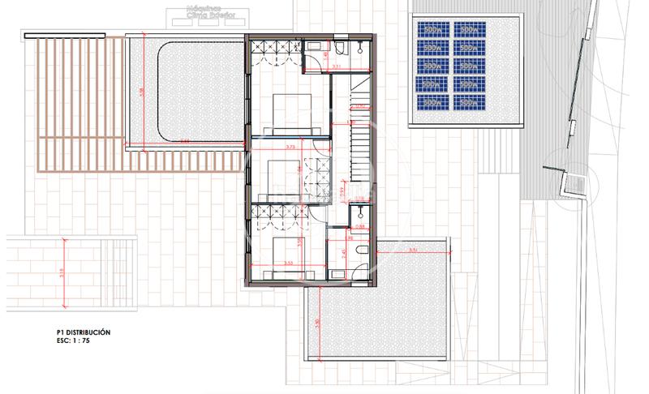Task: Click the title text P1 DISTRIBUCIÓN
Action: [x=77, y=332]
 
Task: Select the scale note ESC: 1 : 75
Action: [x=67, y=341]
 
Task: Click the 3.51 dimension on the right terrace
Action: [x=413, y=251]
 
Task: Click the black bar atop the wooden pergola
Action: [x=65, y=36]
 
